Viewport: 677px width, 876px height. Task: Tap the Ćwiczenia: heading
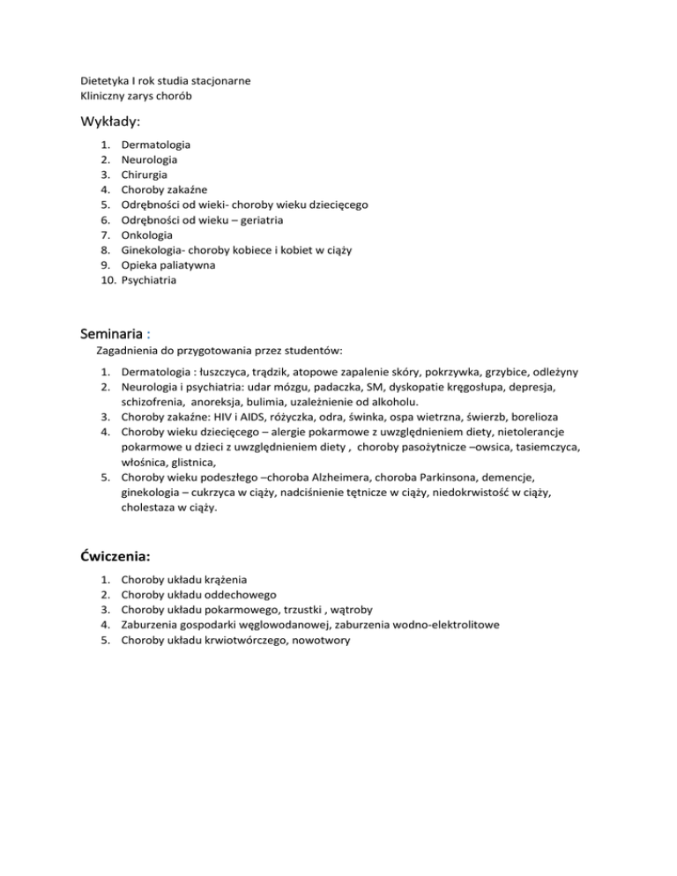pos(115,556)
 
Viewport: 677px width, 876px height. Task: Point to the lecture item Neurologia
pos(149,160)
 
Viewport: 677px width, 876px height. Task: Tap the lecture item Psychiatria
pos(149,280)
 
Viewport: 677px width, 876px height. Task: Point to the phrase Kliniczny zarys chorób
pos(136,95)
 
